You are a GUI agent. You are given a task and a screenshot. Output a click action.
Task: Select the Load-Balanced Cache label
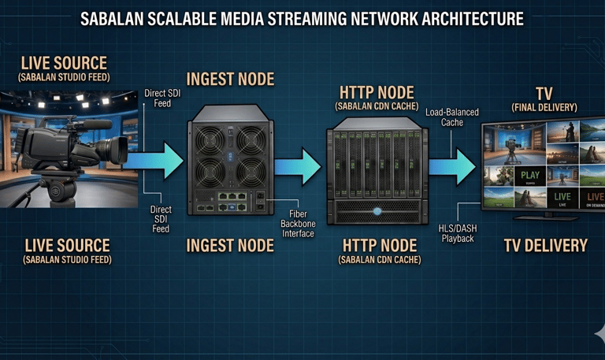[x=451, y=118]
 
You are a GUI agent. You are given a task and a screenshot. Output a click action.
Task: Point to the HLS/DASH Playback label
[x=458, y=233]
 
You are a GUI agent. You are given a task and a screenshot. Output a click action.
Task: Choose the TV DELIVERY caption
[x=545, y=246]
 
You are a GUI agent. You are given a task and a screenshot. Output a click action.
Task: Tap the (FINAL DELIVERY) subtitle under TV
[x=544, y=107]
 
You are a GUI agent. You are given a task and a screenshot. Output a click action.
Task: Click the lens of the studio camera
[x=118, y=149]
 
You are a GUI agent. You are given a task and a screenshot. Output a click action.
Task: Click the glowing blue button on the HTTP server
[x=377, y=211]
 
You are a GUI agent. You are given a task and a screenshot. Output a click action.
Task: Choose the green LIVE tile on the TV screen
[x=562, y=198]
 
